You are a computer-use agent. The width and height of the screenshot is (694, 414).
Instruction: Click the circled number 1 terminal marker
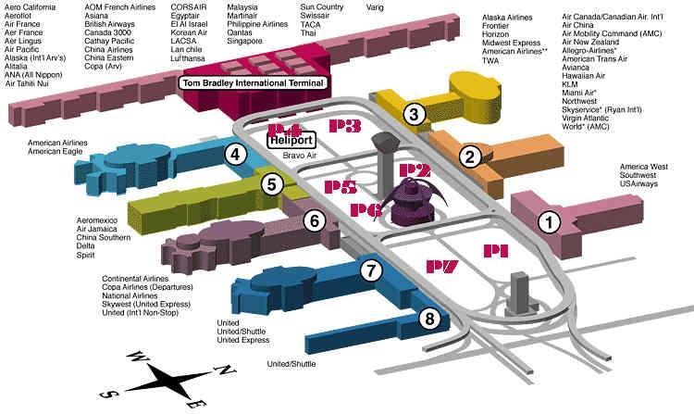click(550, 222)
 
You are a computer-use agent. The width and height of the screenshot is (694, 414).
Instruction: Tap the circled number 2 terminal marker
click(472, 157)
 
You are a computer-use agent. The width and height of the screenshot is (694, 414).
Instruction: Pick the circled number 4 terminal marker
click(237, 156)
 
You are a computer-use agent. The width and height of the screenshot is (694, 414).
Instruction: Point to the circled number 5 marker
click(270, 183)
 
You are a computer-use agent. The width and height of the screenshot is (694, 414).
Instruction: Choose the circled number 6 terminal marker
click(314, 220)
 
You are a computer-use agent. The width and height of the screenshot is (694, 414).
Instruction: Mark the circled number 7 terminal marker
click(371, 271)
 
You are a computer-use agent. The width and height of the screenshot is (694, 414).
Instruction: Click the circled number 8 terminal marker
click(428, 319)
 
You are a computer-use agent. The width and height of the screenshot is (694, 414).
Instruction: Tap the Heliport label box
click(291, 141)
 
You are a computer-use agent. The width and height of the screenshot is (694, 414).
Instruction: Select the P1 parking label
click(496, 250)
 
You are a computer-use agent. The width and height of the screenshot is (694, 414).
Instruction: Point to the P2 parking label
click(415, 169)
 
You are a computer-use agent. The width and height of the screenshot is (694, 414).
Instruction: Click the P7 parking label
click(441, 268)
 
